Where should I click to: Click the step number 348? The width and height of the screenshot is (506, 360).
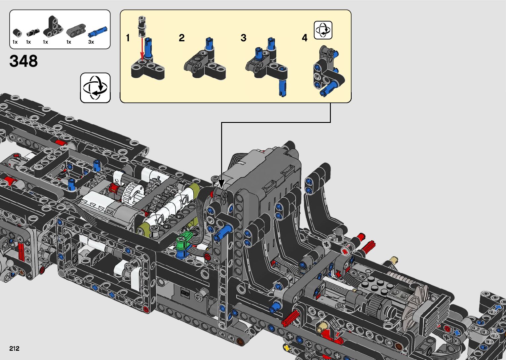coord(23,61)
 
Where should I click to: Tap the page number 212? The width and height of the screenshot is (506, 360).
coord(14,348)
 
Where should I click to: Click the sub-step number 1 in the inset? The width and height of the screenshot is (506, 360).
coord(128,38)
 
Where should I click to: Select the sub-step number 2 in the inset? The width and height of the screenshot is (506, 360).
coord(182,38)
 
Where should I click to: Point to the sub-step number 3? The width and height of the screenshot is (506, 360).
coord(243,38)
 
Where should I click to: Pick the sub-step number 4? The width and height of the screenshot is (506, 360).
coord(304,38)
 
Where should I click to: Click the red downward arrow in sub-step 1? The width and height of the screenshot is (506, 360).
coord(142,49)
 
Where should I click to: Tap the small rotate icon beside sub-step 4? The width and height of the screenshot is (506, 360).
coord(323,30)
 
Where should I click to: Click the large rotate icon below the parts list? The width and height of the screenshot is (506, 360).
coord(95,88)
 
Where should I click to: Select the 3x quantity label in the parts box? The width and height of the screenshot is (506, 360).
coord(91,42)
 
